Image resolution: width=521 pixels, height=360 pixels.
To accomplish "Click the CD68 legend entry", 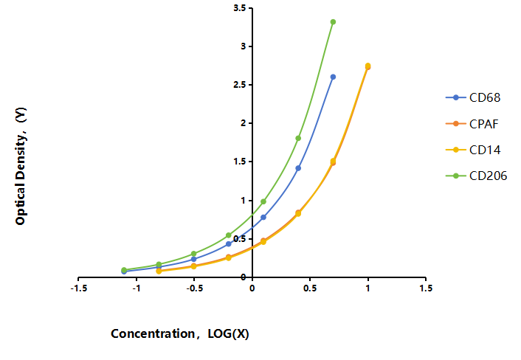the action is coord(473,97).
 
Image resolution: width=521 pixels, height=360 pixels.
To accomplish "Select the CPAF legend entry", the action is coord(472,124).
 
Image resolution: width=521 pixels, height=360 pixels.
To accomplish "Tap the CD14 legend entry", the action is coord(473,150).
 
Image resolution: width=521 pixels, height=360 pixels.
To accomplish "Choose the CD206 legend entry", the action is coord(476,176).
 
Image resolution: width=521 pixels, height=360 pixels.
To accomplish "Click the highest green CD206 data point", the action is coord(333,22).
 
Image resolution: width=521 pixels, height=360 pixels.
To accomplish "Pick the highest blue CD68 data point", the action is coord(333,77).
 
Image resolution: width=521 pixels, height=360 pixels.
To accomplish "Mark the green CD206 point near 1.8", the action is coord(298,138).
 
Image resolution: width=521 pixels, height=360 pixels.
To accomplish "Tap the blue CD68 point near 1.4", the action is coord(298,168).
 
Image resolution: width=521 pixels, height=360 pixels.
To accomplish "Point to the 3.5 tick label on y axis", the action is coord(240,8).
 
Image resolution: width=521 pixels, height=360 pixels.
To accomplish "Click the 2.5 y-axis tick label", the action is coord(240,85).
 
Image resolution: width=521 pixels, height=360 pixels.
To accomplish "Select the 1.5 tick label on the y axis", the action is coord(240,162).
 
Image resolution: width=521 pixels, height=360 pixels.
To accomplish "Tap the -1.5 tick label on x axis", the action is coord(79,288).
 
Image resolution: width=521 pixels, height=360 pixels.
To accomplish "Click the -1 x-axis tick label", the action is coord(137,288).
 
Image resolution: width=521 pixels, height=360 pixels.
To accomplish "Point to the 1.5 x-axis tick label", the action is coord(426,288).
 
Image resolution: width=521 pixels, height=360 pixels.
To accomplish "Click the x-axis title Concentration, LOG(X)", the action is coord(180,333).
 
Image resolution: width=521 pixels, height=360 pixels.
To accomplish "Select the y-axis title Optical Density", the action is coord(21,166).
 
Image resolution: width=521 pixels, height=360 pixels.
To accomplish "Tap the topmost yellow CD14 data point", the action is coord(368,66).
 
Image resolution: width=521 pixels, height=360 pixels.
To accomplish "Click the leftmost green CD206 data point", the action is coord(124,270).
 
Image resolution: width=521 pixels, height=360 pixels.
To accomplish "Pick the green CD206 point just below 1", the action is coord(263,201).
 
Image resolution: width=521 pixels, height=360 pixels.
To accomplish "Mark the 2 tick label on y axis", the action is coord(243,123).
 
